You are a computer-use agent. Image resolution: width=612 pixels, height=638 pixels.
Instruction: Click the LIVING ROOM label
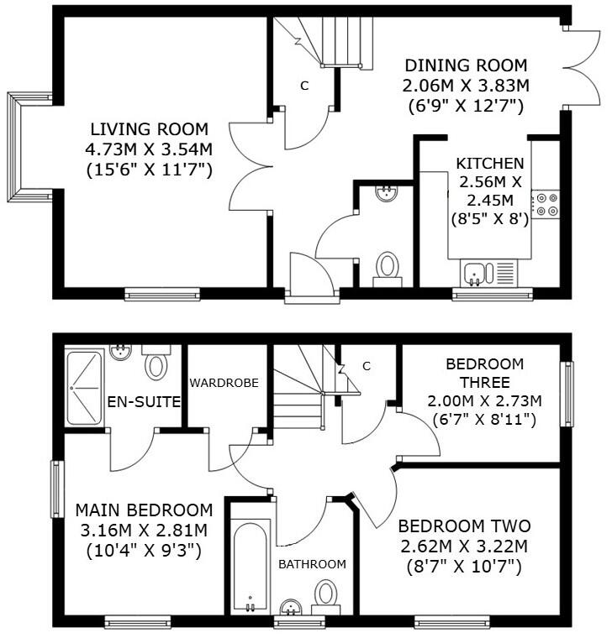click(x=149, y=129)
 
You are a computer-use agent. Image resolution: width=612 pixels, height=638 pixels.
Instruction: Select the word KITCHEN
click(x=490, y=163)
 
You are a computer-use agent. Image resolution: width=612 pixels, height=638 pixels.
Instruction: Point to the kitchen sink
click(x=476, y=273)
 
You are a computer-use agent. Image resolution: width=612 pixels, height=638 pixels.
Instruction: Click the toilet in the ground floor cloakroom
click(x=388, y=268)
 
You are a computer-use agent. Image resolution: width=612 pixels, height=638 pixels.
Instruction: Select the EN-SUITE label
click(x=144, y=402)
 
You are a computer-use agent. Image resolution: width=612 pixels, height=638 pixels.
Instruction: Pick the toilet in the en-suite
click(x=156, y=363)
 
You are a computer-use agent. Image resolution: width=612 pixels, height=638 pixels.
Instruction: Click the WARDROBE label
click(x=223, y=383)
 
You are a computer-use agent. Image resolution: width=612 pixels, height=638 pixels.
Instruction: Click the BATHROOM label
click(x=312, y=564)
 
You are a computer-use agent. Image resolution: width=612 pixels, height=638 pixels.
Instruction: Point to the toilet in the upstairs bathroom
click(x=326, y=595)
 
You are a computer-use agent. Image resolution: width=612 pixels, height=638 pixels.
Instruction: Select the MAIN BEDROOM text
click(x=144, y=510)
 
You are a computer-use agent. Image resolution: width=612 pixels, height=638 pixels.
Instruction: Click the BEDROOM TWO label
click(x=464, y=526)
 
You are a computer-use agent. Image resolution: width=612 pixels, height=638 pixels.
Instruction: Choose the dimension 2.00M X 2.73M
click(x=484, y=400)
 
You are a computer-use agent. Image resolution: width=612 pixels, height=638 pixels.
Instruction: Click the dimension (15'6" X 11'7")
click(x=149, y=170)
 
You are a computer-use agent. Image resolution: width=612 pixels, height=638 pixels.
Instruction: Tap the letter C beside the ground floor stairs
click(x=304, y=86)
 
